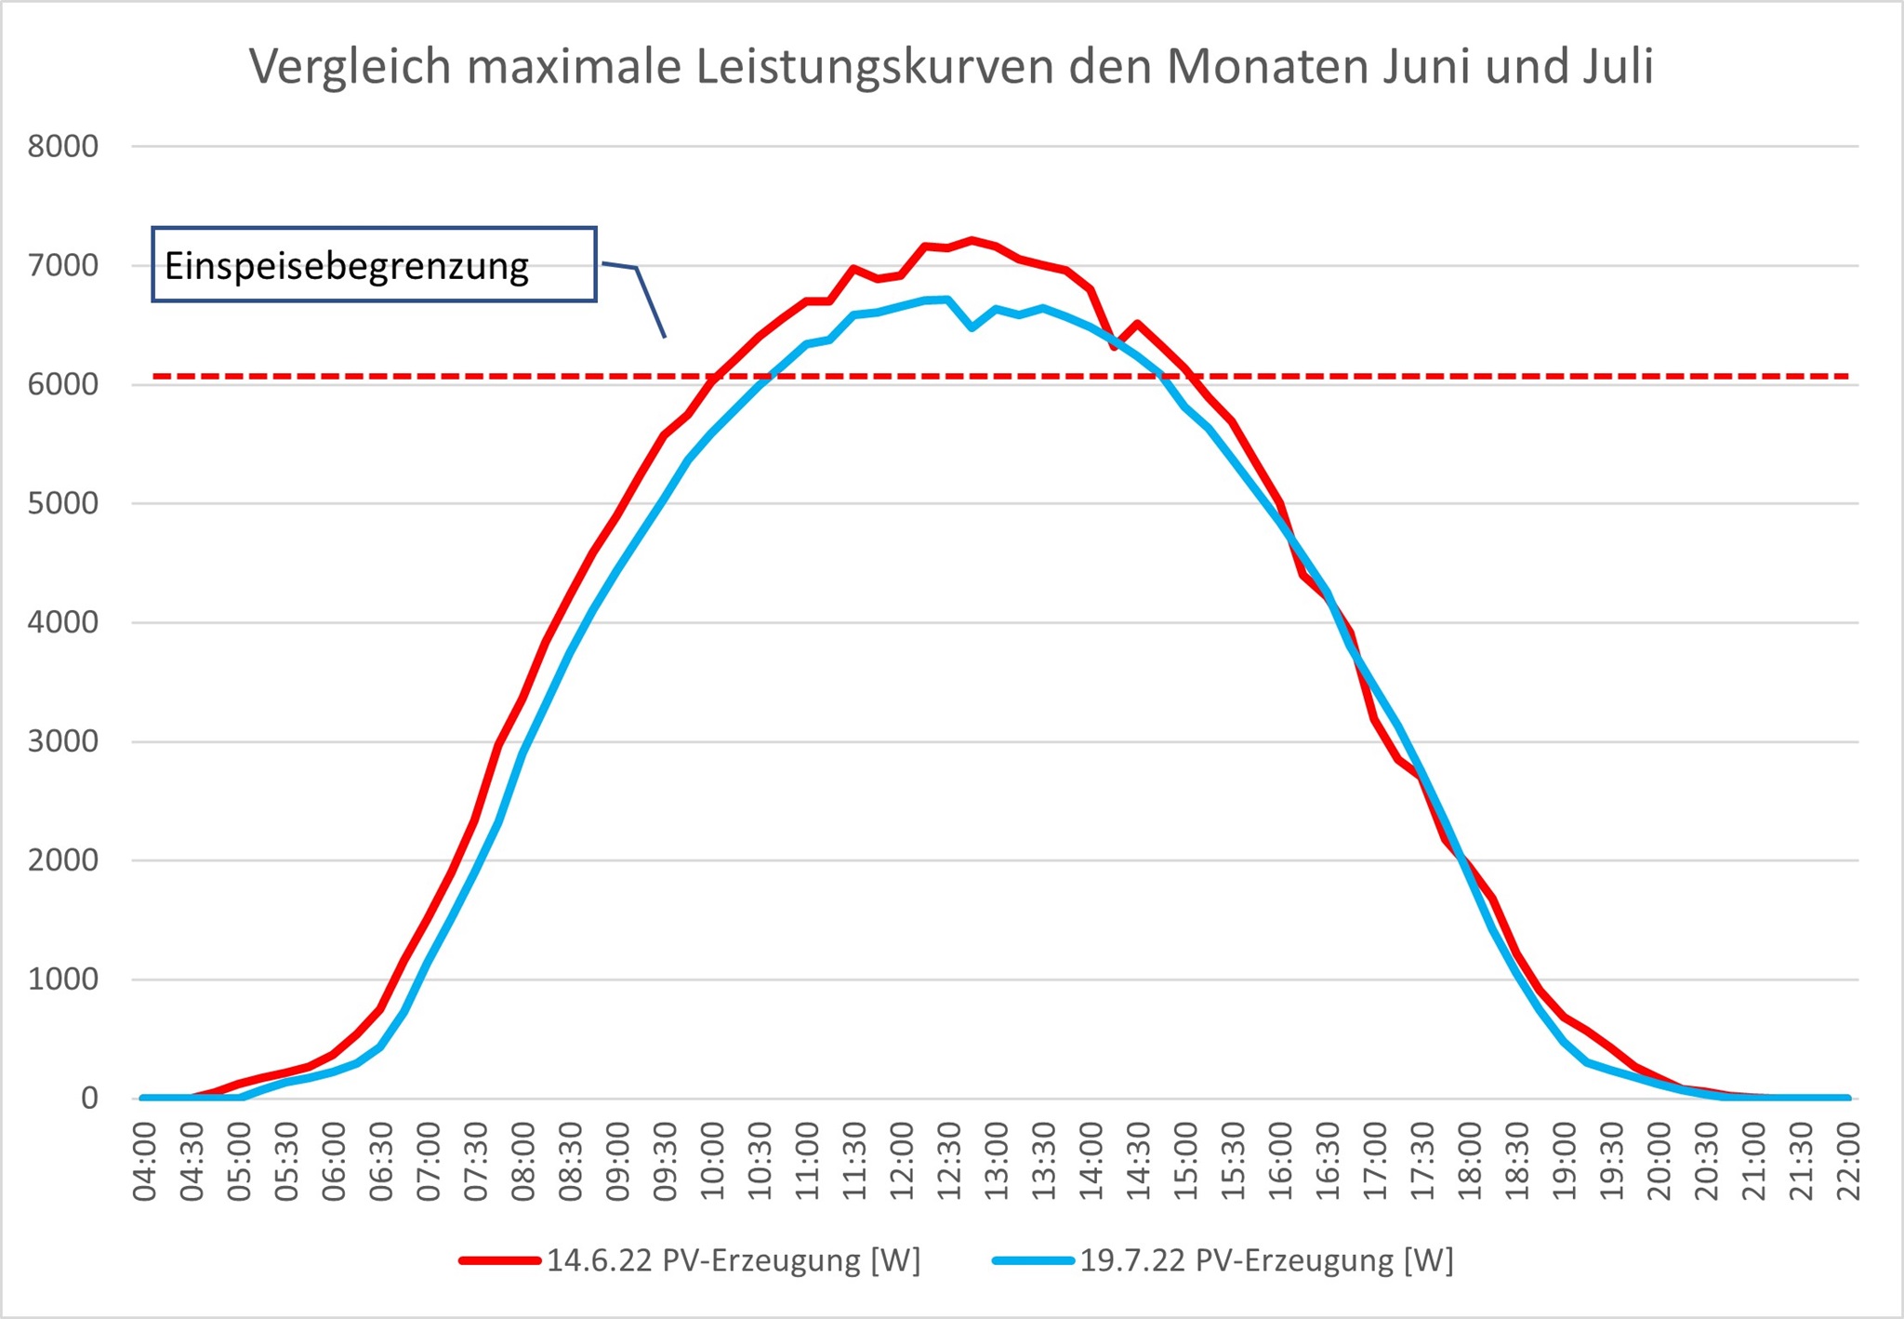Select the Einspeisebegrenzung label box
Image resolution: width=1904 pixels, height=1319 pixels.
(x=374, y=265)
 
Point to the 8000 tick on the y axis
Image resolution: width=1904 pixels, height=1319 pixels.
(x=63, y=147)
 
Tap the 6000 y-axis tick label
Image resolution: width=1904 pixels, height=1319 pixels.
(x=63, y=384)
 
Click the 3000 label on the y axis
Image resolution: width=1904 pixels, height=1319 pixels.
(x=63, y=741)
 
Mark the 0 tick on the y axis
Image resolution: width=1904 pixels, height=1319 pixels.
(x=89, y=1099)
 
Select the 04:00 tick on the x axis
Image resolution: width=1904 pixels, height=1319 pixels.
(x=145, y=1162)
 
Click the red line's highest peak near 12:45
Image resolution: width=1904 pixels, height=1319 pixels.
(x=972, y=240)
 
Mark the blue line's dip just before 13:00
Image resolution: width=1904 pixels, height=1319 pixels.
(x=972, y=327)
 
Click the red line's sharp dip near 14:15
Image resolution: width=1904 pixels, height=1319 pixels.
(x=1114, y=347)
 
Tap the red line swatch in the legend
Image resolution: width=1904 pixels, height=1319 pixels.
(x=500, y=1260)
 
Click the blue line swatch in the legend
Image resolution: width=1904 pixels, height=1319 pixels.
(x=1033, y=1260)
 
